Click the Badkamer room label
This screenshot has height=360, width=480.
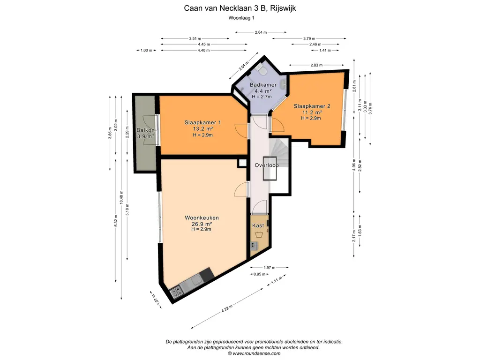tap(263, 85)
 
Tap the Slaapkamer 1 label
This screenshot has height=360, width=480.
tap(202, 122)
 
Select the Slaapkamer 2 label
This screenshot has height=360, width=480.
tap(312, 106)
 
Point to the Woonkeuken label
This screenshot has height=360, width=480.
tap(202, 218)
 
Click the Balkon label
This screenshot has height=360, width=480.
tap(145, 130)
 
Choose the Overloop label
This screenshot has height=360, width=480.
tap(267, 165)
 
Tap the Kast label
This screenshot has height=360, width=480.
tap(258, 225)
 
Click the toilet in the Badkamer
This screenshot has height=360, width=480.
tap(262, 70)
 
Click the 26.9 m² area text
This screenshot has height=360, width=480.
tap(202, 224)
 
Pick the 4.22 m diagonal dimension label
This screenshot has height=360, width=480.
tap(227, 308)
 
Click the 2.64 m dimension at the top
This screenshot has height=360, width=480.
tap(261, 32)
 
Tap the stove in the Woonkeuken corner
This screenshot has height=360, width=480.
tap(176, 292)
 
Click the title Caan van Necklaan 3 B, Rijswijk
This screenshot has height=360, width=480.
tap(240, 8)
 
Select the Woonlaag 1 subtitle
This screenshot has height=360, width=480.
tap(241, 18)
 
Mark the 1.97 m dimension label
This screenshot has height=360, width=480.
tap(270, 268)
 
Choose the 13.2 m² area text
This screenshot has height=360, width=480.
tap(202, 129)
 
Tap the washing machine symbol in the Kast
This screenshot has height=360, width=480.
tap(259, 235)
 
